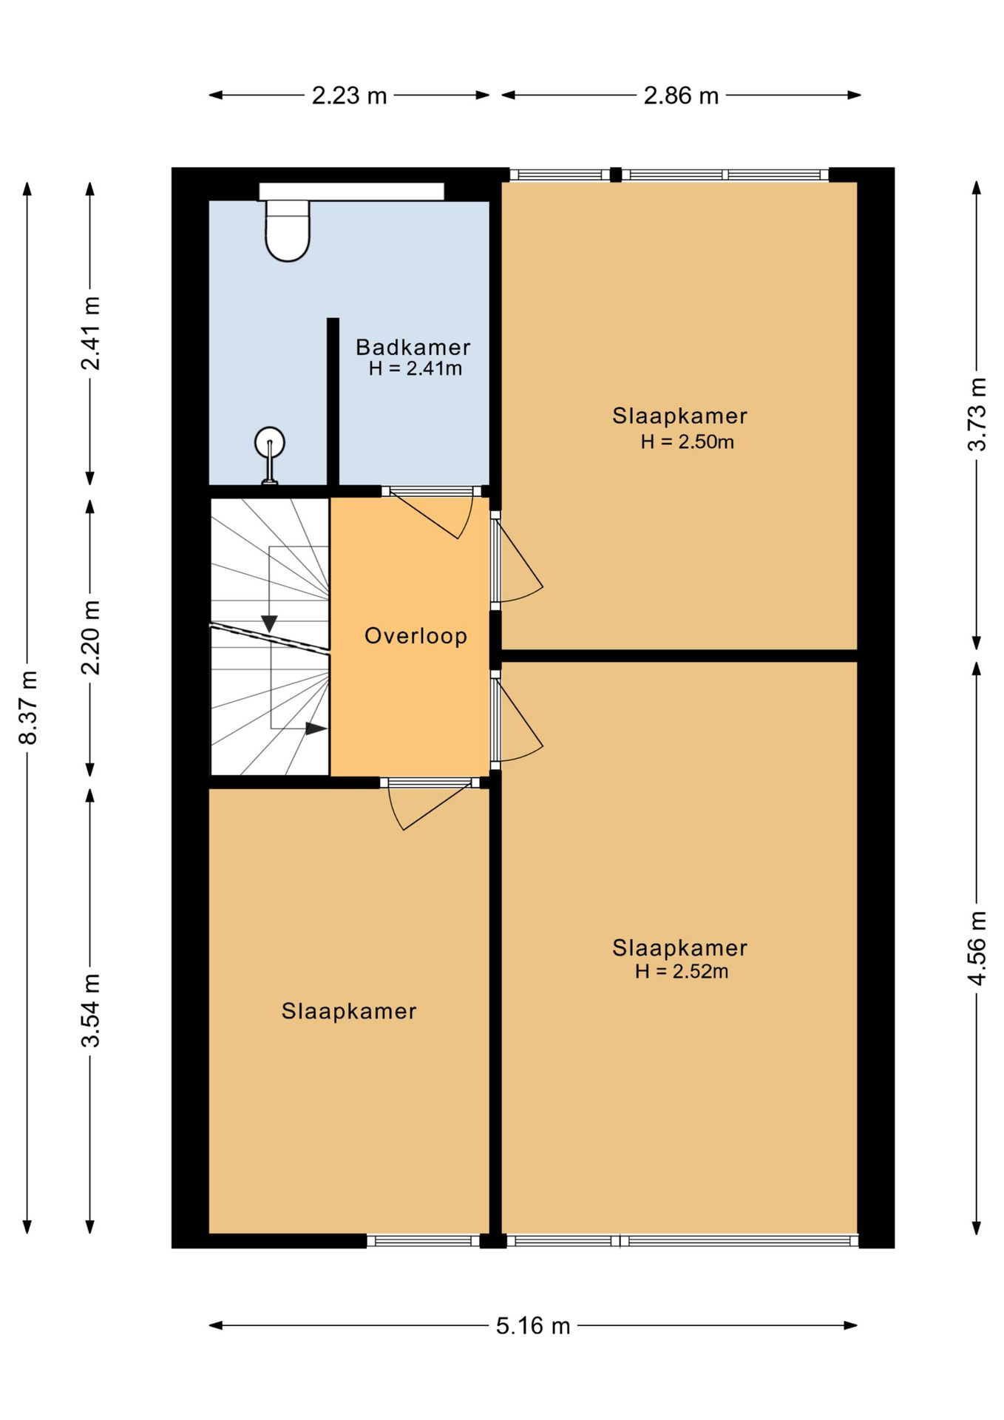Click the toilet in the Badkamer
[288, 230]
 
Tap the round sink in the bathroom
[270, 443]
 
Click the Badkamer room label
[413, 347]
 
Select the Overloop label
[415, 636]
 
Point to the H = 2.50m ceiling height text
[687, 442]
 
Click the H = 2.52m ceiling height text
[682, 971]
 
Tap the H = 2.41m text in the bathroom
[415, 368]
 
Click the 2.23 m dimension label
[349, 95]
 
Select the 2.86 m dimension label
[681, 95]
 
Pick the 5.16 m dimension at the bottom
[533, 1325]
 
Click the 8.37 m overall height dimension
[28, 708]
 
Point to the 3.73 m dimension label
[977, 414]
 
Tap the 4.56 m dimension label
[977, 948]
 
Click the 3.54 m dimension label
[90, 1010]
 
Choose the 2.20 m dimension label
[90, 638]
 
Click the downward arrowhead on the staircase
[269, 624]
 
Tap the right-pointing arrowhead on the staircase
[316, 728]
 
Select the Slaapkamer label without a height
[349, 1011]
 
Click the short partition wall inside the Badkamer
[333, 402]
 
